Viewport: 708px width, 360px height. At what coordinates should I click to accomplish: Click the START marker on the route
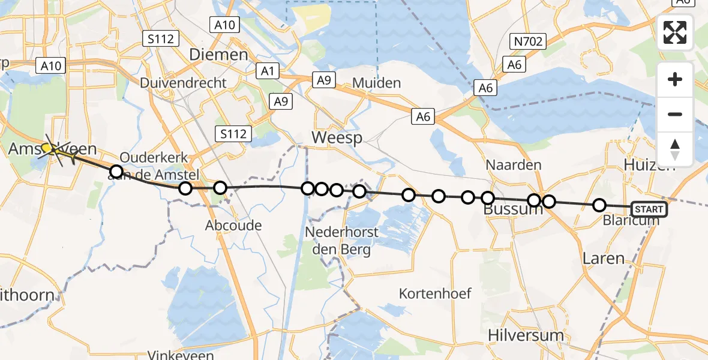[x=649, y=209]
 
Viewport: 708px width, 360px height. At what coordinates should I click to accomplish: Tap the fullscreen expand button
[x=675, y=32]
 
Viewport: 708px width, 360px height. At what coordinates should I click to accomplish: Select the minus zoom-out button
[x=675, y=114]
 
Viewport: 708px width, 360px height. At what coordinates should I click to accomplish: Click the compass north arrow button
[x=675, y=149]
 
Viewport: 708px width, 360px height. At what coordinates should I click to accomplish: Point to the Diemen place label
[x=218, y=55]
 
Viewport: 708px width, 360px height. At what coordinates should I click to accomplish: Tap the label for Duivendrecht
[x=184, y=83]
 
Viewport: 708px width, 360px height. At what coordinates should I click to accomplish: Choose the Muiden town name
[x=377, y=83]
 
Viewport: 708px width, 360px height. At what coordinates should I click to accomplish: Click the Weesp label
[x=337, y=138]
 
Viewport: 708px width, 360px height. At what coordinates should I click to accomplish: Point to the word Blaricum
[x=631, y=220]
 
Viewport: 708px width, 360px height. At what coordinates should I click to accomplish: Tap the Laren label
[x=604, y=258]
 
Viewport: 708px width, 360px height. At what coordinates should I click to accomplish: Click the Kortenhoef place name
[x=435, y=293]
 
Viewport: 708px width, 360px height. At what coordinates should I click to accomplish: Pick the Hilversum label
[x=526, y=335]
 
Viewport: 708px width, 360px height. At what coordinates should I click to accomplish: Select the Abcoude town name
[x=233, y=226]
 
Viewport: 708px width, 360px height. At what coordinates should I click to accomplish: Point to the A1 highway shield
[x=268, y=71]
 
